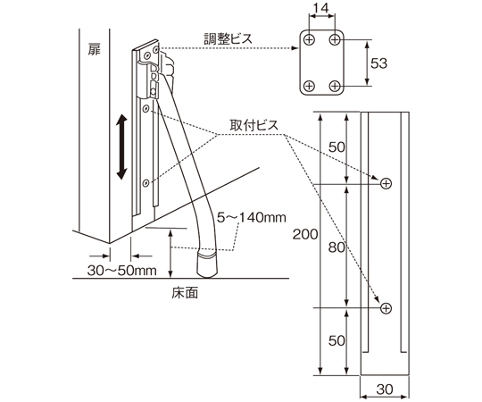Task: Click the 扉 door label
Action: tap(95, 49)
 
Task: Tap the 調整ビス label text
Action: tap(228, 38)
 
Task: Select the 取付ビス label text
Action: tap(253, 125)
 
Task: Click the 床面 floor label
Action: tap(185, 292)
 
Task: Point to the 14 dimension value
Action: tap(321, 8)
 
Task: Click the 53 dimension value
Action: tap(378, 63)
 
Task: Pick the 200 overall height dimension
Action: tap(305, 234)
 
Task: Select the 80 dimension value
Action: tap(337, 247)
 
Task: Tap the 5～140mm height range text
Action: tap(252, 217)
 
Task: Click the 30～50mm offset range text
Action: tap(122, 271)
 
